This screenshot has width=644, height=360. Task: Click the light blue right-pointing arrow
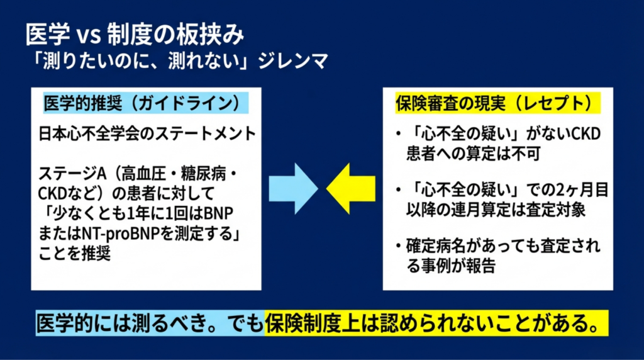tap(293, 189)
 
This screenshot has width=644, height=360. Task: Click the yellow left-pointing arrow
tap(351, 189)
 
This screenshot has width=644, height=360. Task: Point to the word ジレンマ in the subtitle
tap(293, 61)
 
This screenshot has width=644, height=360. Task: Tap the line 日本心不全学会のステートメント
tap(147, 133)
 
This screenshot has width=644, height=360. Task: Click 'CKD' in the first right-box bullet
tap(587, 134)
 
